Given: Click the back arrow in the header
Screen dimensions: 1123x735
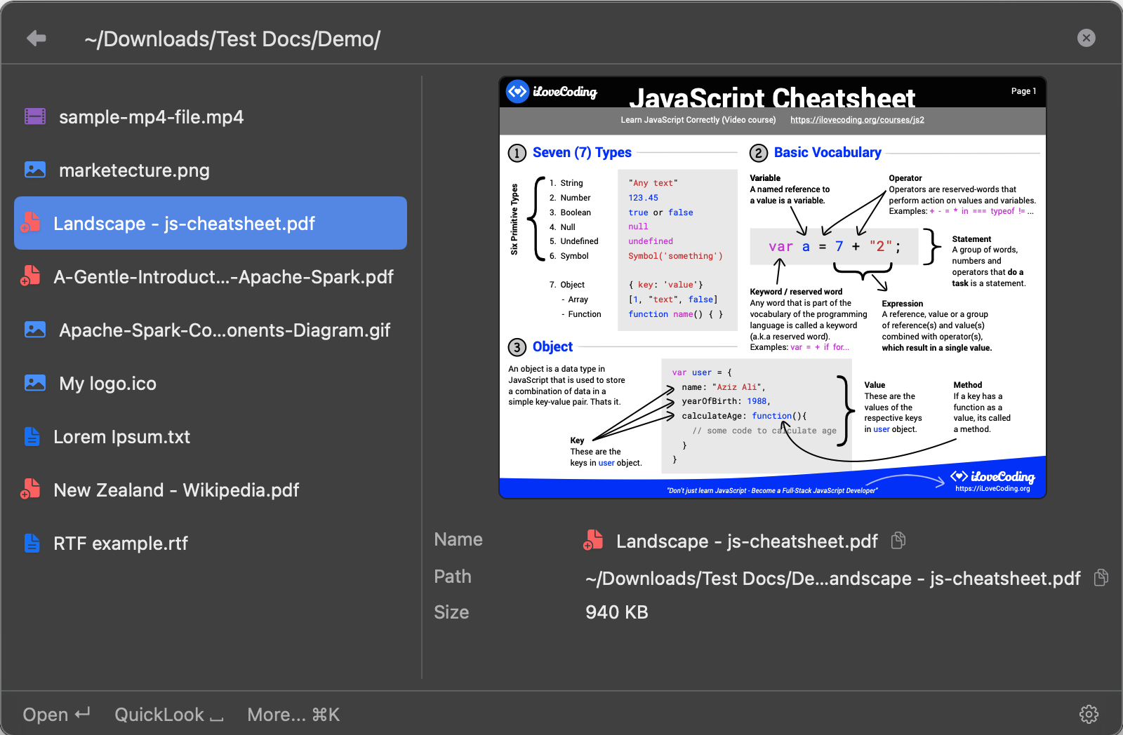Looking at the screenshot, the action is (36, 38).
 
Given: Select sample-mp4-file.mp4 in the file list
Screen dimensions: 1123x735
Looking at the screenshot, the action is (151, 116).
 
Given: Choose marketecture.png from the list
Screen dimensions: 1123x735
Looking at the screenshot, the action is (134, 170).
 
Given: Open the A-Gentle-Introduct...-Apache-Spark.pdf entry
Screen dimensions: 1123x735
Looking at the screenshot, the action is (223, 276).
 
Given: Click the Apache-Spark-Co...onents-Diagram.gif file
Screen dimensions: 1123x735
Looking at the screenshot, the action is (224, 330).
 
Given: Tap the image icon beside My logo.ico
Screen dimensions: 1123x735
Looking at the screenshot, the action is (35, 383).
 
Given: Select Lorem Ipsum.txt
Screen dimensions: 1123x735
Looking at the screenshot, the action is (121, 437).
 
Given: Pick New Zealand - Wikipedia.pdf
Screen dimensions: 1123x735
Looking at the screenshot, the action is (176, 490).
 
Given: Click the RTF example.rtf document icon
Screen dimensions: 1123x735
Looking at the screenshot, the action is (32, 543).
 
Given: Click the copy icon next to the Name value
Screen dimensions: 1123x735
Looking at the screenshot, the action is (898, 540).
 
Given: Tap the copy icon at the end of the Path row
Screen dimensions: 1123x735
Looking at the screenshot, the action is (1101, 577).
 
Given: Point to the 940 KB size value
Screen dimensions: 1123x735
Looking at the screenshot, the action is (617, 612).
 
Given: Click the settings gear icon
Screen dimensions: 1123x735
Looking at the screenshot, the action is (1089, 714).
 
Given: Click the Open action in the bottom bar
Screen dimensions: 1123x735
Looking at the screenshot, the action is (56, 715).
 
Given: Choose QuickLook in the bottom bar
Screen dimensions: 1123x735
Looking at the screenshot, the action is (169, 715).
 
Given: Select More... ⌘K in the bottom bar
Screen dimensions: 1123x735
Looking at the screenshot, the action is (293, 715).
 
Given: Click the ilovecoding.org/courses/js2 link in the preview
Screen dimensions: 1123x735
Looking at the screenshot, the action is (857, 120).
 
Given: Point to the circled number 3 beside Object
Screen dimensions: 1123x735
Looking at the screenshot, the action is (517, 346).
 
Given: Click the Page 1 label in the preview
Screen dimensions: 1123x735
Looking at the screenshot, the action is (1023, 90).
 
